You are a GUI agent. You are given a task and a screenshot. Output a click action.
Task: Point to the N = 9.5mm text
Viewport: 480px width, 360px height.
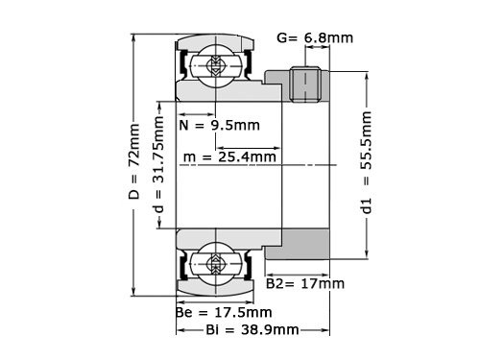tap(217, 125)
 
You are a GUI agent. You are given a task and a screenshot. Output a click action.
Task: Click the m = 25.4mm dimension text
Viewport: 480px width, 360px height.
tap(231, 156)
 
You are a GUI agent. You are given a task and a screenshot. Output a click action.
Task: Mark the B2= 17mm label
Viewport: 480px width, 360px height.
tap(304, 283)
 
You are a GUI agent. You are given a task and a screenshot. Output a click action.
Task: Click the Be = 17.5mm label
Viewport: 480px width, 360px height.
tap(224, 312)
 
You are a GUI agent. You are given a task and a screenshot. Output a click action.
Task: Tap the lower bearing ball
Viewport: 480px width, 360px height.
tap(212, 261)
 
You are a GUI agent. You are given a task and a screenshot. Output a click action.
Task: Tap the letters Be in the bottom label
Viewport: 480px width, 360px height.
tap(184, 312)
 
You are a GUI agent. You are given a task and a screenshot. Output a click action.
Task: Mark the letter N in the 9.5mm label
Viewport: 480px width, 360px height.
tap(184, 125)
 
